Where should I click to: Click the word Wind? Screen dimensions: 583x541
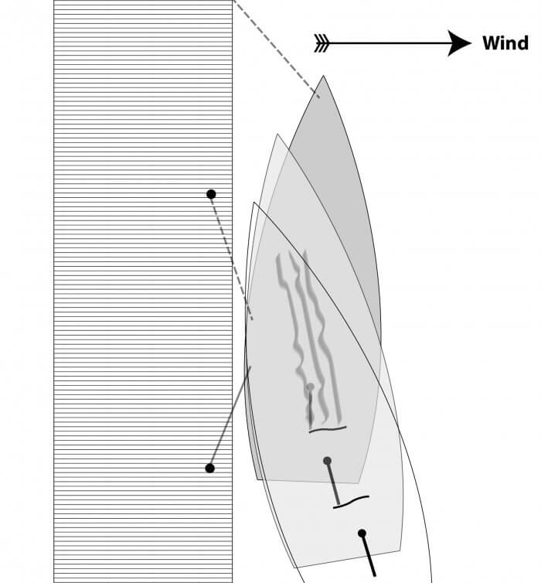tap(505, 43)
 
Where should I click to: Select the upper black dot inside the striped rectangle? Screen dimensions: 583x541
tap(211, 194)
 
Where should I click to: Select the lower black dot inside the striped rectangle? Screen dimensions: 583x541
tap(209, 468)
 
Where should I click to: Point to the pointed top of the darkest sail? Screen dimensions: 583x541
tap(324, 77)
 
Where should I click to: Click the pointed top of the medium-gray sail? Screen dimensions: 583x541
tap(277, 135)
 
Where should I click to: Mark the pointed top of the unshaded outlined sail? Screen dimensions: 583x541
tap(254, 204)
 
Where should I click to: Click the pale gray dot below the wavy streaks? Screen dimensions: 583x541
tap(310, 387)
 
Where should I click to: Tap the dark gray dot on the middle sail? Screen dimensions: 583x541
tap(327, 461)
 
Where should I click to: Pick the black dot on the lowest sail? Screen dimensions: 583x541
tap(362, 533)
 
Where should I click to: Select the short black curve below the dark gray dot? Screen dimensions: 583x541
tap(351, 502)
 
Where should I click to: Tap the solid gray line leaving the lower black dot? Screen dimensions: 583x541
tap(230, 418)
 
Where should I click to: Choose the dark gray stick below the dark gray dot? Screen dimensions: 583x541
tap(333, 483)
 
